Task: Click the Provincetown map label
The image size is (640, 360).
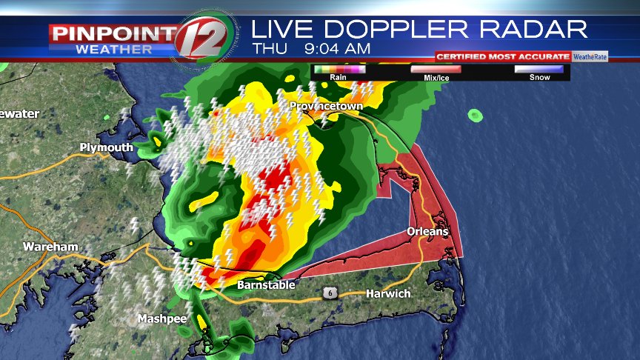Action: click(x=326, y=107)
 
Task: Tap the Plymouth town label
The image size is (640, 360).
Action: click(x=106, y=147)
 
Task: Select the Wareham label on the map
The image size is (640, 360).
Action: click(x=50, y=246)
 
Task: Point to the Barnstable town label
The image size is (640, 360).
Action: click(x=266, y=285)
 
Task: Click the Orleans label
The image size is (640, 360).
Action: click(x=427, y=232)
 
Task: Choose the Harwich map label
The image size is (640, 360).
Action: click(x=388, y=294)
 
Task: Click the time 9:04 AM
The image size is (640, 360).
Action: click(x=337, y=48)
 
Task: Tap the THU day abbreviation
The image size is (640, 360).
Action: click(x=267, y=48)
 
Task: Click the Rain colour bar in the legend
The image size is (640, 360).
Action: click(x=339, y=69)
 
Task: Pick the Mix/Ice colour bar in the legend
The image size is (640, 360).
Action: click(x=436, y=69)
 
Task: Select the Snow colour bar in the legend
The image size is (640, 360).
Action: click(x=539, y=69)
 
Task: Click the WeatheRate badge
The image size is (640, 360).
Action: click(x=590, y=56)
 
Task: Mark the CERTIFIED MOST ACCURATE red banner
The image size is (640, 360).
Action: click(x=502, y=56)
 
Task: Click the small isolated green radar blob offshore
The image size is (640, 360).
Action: click(x=474, y=115)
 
